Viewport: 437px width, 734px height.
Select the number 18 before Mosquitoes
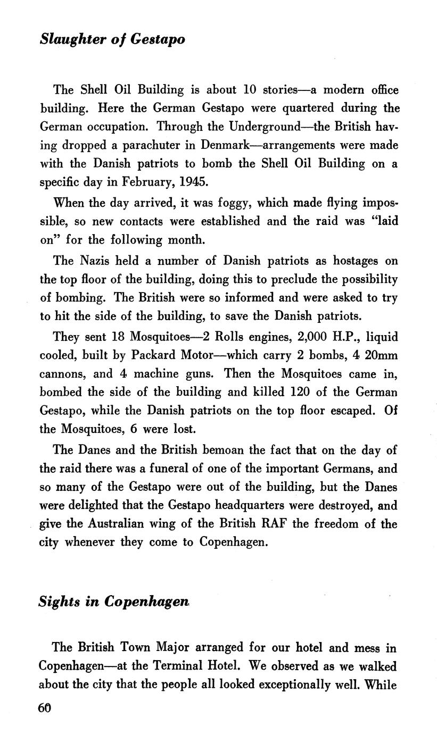pyautogui.click(x=118, y=337)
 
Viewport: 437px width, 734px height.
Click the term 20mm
pyautogui.click(x=380, y=355)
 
